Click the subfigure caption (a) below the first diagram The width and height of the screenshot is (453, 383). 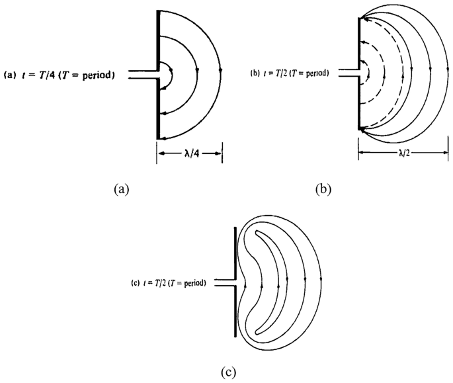point(120,190)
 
